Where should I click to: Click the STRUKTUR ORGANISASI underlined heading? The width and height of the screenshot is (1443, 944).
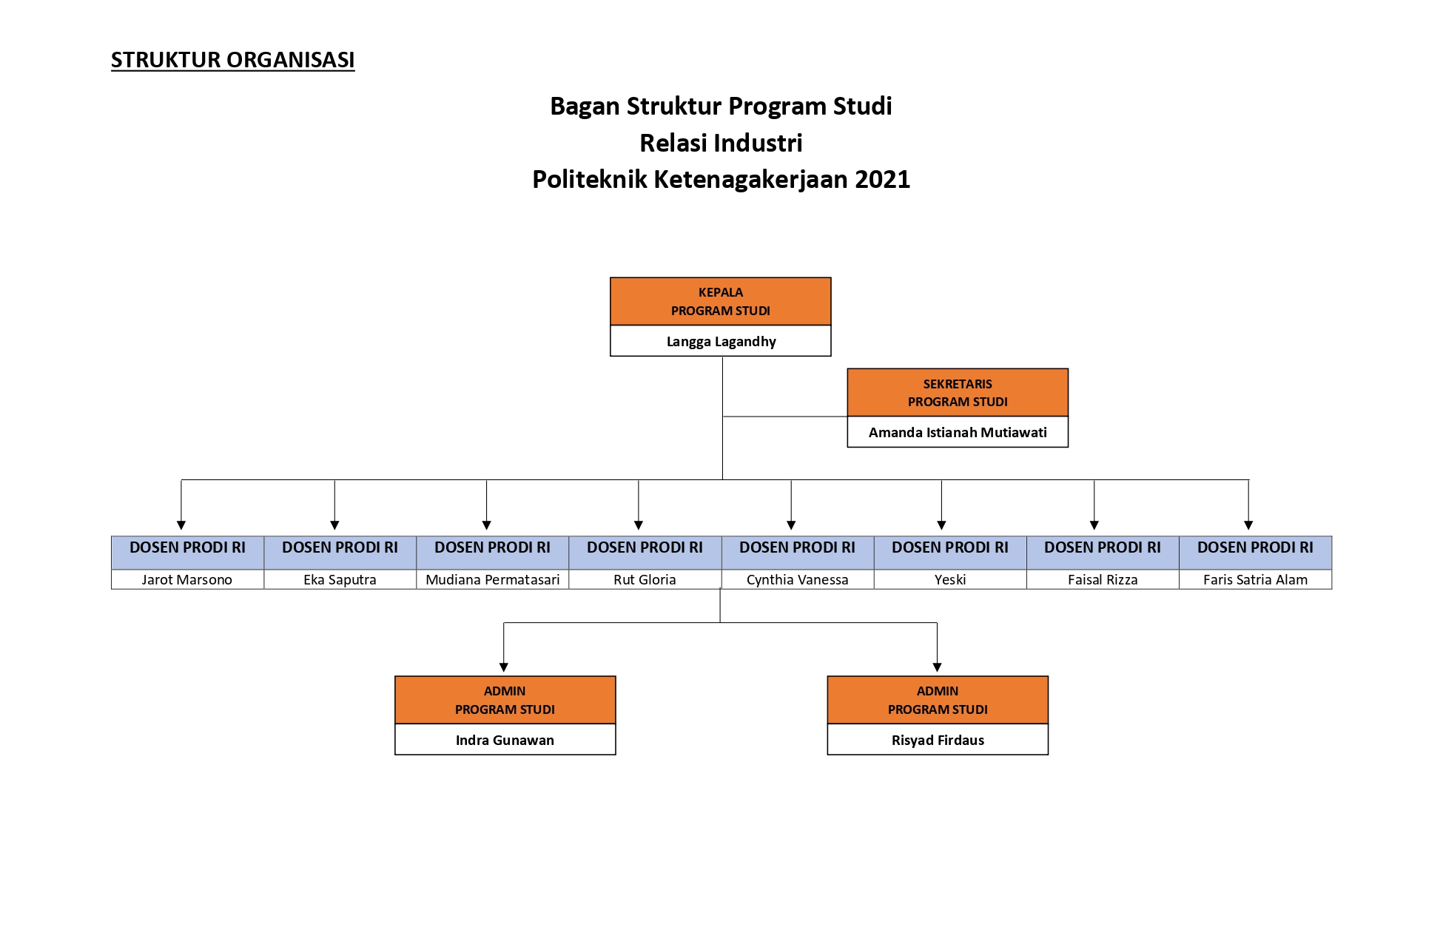(232, 60)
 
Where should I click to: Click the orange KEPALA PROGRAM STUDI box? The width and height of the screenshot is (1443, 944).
(721, 301)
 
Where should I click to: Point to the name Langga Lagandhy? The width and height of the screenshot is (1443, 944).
(721, 341)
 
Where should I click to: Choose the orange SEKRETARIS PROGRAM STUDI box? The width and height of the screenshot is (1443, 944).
(958, 392)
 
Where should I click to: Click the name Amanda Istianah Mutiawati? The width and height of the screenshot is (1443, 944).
(958, 432)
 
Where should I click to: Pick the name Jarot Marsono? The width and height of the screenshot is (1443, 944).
(187, 579)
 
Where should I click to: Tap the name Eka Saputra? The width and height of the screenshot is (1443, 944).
(340, 579)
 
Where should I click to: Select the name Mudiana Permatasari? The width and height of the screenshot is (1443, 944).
(493, 579)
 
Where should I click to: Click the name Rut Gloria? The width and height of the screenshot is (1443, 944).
(645, 579)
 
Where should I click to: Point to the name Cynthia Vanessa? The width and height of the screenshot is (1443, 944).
(798, 579)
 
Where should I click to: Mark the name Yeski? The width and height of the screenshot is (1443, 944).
(950, 579)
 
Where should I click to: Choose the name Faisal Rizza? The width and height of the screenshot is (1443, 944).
(1103, 579)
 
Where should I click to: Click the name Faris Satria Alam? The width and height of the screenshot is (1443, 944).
(1255, 579)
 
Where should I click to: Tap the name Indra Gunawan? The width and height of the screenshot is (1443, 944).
(505, 740)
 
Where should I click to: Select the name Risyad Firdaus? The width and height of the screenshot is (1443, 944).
(938, 740)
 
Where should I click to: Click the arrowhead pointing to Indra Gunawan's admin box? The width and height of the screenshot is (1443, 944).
(504, 667)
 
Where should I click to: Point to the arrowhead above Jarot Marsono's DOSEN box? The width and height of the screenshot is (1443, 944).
(181, 525)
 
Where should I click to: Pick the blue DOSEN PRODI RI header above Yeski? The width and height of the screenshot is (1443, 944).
(950, 553)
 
